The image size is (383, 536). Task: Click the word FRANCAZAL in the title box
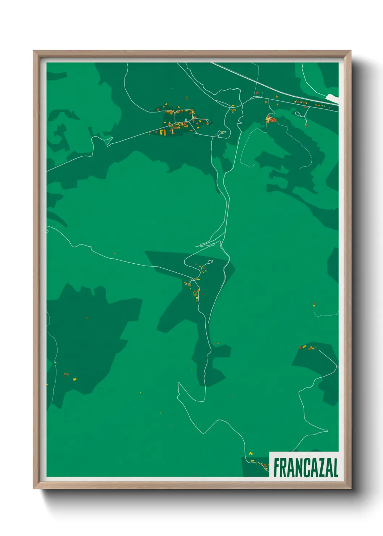(x=306, y=468)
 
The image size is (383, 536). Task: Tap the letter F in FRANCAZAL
(x=277, y=468)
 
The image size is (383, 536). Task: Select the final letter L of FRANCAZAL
(x=335, y=468)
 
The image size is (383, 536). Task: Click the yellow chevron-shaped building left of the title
(x=251, y=453)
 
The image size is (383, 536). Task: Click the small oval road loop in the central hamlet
(x=210, y=261)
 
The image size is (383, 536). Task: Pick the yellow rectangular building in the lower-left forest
(x=75, y=379)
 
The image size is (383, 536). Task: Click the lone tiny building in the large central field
(x=153, y=223)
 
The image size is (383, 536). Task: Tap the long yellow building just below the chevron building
(x=252, y=461)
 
